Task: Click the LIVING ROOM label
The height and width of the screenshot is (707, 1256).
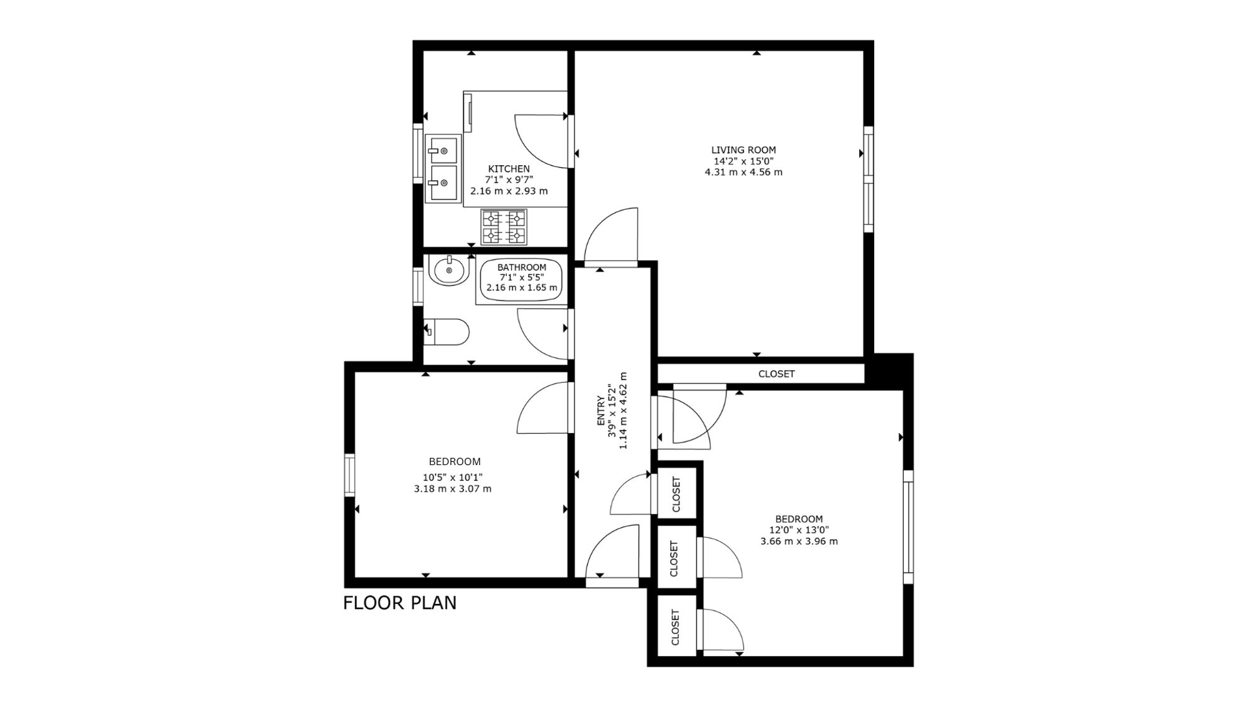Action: pyautogui.click(x=744, y=150)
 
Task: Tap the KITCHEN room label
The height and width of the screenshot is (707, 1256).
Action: pyautogui.click(x=509, y=169)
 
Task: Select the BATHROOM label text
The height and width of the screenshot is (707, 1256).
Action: pyautogui.click(x=522, y=267)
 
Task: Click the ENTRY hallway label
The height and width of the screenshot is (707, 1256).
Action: pyautogui.click(x=600, y=411)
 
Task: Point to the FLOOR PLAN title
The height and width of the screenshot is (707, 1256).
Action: pyautogui.click(x=400, y=603)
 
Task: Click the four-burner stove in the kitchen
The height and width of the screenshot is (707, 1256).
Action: pyautogui.click(x=504, y=227)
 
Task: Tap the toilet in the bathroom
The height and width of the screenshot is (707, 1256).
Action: pyautogui.click(x=447, y=332)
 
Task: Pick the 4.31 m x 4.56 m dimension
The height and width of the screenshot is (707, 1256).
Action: pyautogui.click(x=744, y=172)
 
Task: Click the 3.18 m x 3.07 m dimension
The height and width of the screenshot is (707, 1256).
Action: pyautogui.click(x=453, y=488)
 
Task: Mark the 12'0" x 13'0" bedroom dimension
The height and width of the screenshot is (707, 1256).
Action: pyautogui.click(x=799, y=530)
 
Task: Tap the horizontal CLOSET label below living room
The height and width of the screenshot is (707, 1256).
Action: pyautogui.click(x=777, y=374)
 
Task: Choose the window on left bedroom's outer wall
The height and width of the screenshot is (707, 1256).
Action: pyautogui.click(x=350, y=474)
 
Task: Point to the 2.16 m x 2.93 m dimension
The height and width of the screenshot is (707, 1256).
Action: pyautogui.click(x=509, y=191)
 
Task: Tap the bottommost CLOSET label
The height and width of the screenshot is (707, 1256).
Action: pyautogui.click(x=676, y=627)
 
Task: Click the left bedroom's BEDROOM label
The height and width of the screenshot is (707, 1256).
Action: pyautogui.click(x=455, y=462)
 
